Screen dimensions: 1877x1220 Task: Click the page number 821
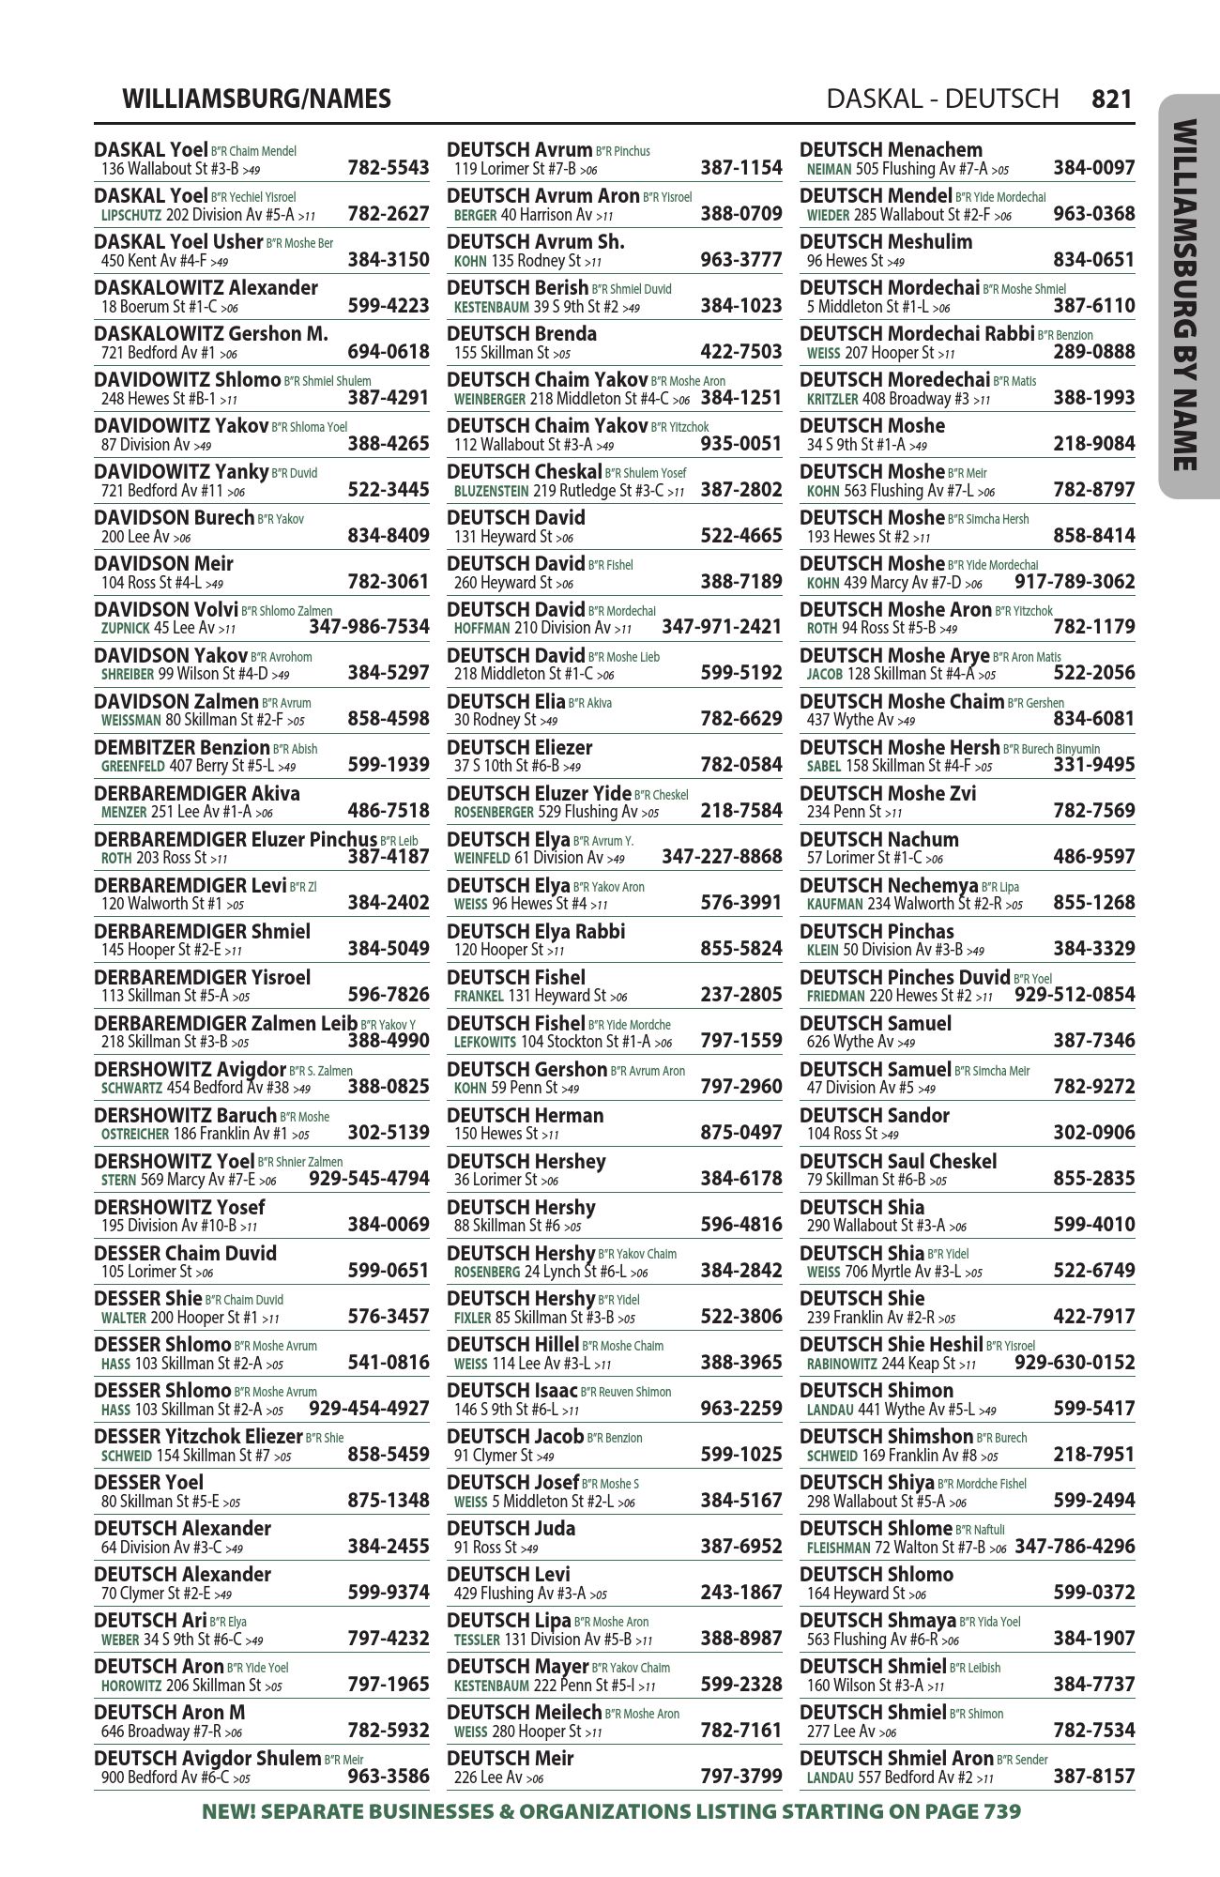click(1112, 99)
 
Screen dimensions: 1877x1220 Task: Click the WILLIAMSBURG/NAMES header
click(256, 99)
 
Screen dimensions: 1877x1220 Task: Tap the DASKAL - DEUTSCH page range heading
click(942, 99)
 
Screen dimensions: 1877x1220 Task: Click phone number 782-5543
click(388, 169)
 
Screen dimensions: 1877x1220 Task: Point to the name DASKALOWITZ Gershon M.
click(211, 334)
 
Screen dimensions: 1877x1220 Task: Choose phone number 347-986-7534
click(369, 627)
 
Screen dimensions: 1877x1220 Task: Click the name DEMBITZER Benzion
click(182, 748)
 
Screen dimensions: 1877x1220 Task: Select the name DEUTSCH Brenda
click(522, 334)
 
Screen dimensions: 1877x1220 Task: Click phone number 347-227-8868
click(722, 857)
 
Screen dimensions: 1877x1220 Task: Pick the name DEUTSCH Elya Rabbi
click(536, 932)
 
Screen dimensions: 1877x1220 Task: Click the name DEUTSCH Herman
click(526, 1116)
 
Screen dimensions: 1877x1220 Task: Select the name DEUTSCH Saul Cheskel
click(898, 1162)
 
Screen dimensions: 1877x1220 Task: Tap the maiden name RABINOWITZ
click(842, 1364)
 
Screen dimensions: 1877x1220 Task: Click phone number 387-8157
click(1093, 1777)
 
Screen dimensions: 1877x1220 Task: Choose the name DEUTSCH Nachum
click(879, 840)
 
